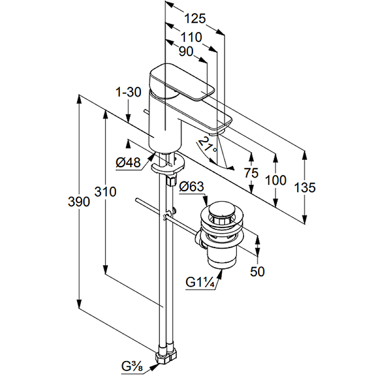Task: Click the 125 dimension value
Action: tap(195, 19)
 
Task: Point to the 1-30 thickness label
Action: tap(128, 92)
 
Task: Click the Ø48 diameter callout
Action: tap(128, 163)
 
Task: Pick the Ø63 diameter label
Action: tap(191, 187)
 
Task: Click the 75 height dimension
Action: tap(251, 173)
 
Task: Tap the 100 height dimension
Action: tap(275, 180)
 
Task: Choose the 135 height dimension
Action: tap(305, 188)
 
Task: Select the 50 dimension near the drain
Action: tap(258, 271)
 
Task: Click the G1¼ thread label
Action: tap(200, 282)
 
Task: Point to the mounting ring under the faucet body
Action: tap(167, 165)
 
